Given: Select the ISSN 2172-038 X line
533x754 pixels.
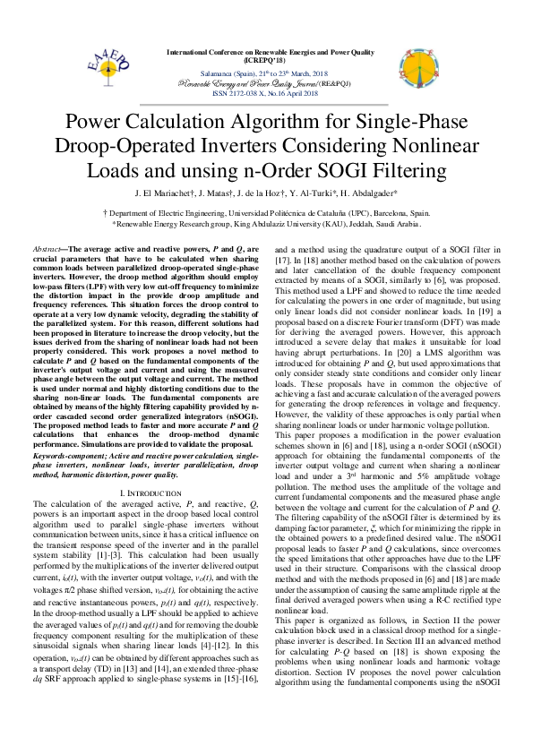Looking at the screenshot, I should [267, 92].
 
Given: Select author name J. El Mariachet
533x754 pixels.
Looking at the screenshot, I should [163, 193].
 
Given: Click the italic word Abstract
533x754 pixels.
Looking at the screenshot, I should [46, 248].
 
